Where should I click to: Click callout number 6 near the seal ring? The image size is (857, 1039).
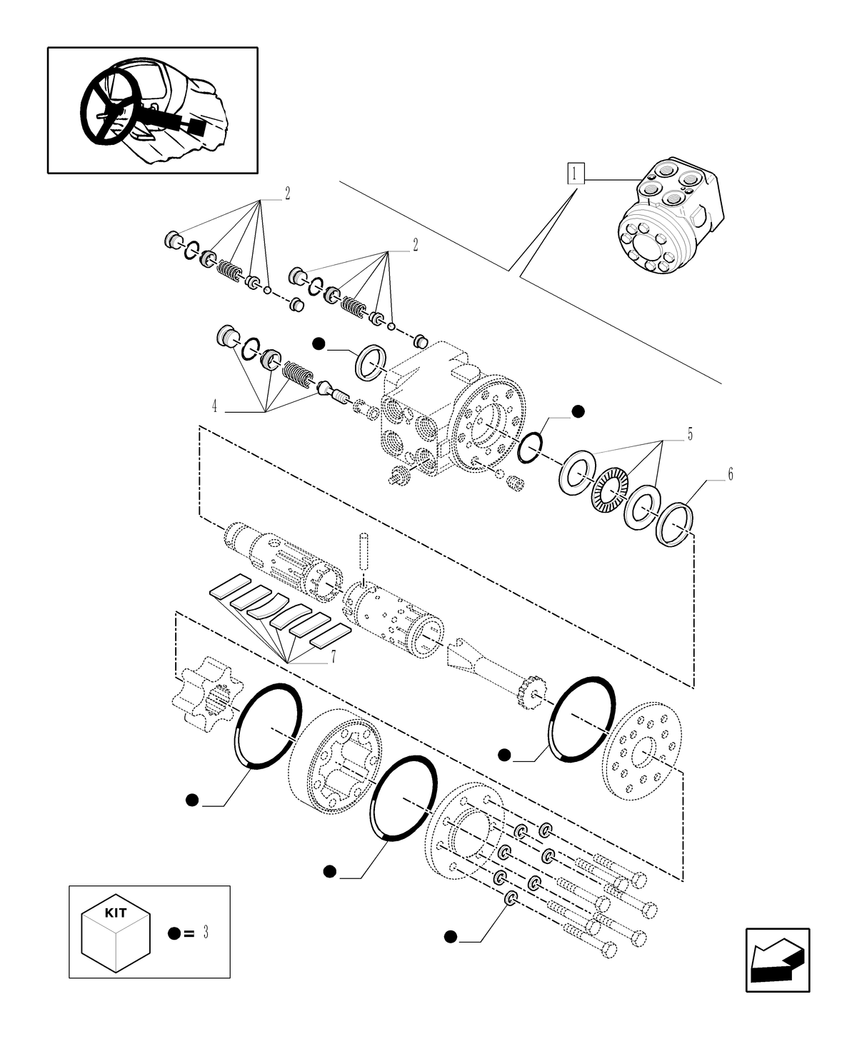pyautogui.click(x=730, y=474)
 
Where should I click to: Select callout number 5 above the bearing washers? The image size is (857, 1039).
pyautogui.click(x=689, y=433)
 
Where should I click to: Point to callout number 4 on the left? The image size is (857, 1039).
pyautogui.click(x=214, y=407)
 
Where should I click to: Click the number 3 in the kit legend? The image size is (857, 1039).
pyautogui.click(x=206, y=933)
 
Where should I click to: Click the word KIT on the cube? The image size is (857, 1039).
pyautogui.click(x=116, y=913)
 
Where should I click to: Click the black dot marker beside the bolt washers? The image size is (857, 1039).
pyautogui.click(x=450, y=936)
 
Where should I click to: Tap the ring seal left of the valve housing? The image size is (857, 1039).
pyautogui.click(x=371, y=360)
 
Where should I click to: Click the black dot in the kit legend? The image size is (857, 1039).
pyautogui.click(x=174, y=933)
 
